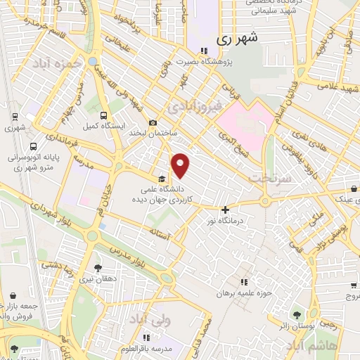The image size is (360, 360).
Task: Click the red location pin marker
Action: pyautogui.click(x=181, y=165)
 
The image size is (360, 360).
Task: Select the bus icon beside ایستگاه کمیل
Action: pyautogui.click(x=104, y=115)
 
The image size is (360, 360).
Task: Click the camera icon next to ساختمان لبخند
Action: pyautogui.click(x=153, y=122)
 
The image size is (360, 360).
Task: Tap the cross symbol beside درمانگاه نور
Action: pyautogui.click(x=225, y=210)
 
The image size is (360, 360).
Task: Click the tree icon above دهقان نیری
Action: pyautogui.click(x=98, y=268)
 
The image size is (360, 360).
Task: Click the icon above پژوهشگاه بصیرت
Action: pyautogui.click(x=203, y=50)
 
